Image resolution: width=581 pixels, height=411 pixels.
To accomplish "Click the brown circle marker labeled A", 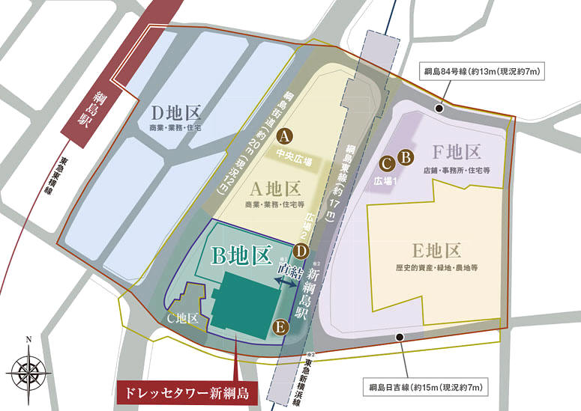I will click(283, 136).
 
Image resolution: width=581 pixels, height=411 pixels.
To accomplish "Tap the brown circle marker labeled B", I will click(405, 157).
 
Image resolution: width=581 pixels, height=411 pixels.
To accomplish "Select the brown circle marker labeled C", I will click(388, 163).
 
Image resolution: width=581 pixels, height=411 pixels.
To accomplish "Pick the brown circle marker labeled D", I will click(301, 252).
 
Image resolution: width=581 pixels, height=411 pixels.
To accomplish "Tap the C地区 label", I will click(182, 318).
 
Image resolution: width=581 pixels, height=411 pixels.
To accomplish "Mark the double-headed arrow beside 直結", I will click(286, 281).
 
